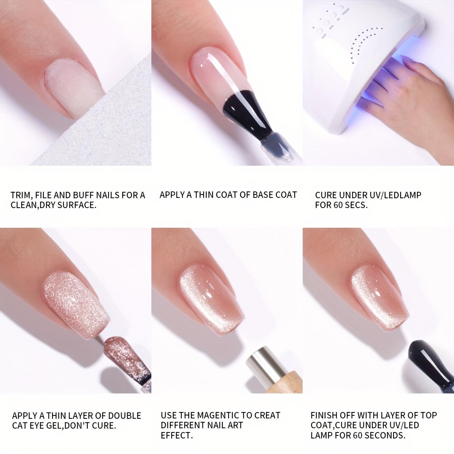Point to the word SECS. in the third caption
click(355, 206)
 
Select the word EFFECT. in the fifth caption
click(177, 435)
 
